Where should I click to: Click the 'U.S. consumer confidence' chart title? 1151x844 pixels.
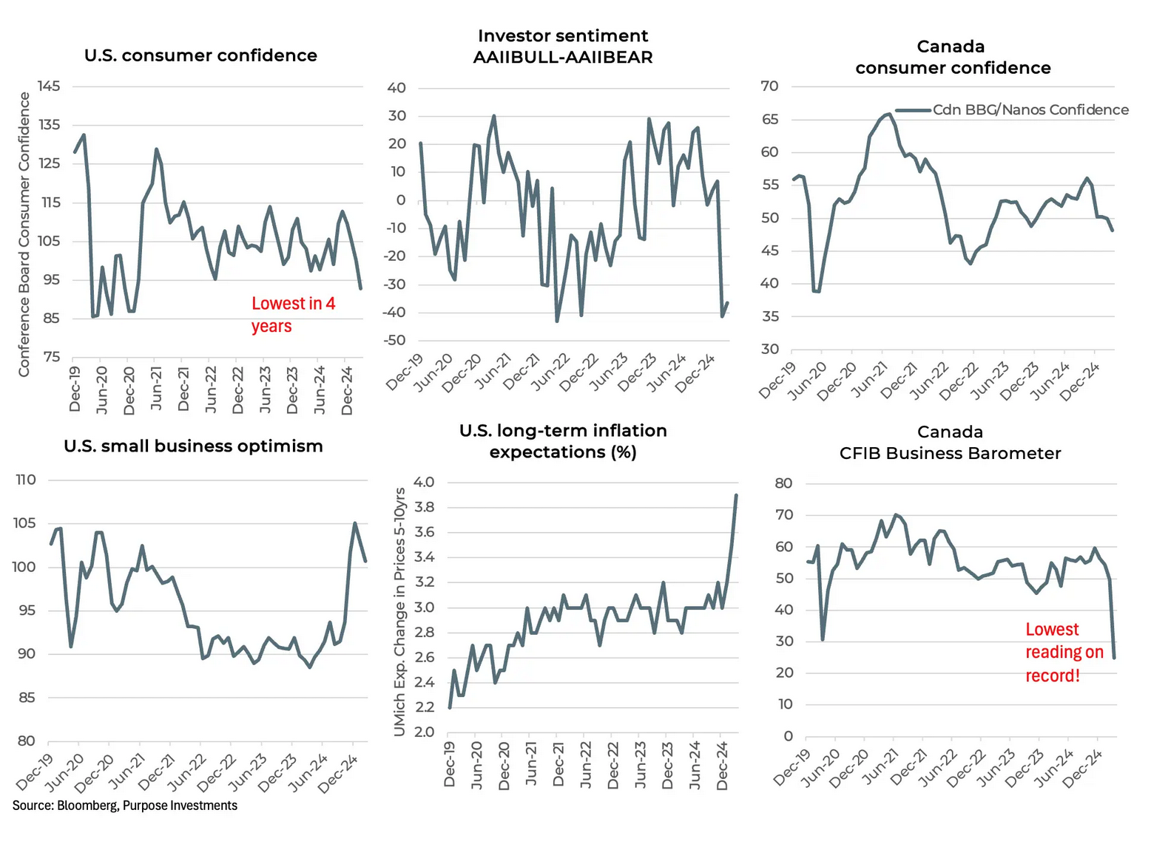pyautogui.click(x=200, y=55)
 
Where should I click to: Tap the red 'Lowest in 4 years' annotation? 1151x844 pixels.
pyautogui.click(x=293, y=315)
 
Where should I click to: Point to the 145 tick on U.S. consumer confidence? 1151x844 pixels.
pyautogui.click(x=49, y=86)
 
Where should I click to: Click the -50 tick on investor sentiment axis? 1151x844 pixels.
pyautogui.click(x=396, y=341)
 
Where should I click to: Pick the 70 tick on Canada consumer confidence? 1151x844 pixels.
pyautogui.click(x=769, y=86)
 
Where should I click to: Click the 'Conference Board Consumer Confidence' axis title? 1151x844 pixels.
pyautogui.click(x=24, y=234)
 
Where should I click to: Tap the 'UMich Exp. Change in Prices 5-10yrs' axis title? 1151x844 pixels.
pyautogui.click(x=400, y=612)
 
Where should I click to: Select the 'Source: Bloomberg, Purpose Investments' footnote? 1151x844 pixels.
pyautogui.click(x=125, y=806)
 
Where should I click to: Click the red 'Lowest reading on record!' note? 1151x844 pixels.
pyautogui.click(x=1064, y=652)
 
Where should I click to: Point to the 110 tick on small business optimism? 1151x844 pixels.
pyautogui.click(x=26, y=480)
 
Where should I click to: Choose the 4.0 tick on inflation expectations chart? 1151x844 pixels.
pyautogui.click(x=424, y=482)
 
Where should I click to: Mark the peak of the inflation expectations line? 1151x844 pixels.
pyautogui.click(x=736, y=495)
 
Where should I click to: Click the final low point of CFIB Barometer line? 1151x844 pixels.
pyautogui.click(x=1114, y=657)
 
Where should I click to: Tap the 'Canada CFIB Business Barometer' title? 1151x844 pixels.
pyautogui.click(x=950, y=443)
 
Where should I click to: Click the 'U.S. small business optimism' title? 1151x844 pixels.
pyautogui.click(x=193, y=446)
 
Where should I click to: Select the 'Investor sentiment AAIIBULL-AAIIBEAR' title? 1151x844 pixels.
pyautogui.click(x=563, y=47)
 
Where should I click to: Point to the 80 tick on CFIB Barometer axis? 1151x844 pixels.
pyautogui.click(x=783, y=483)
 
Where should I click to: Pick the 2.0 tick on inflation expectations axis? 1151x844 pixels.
pyautogui.click(x=424, y=732)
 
